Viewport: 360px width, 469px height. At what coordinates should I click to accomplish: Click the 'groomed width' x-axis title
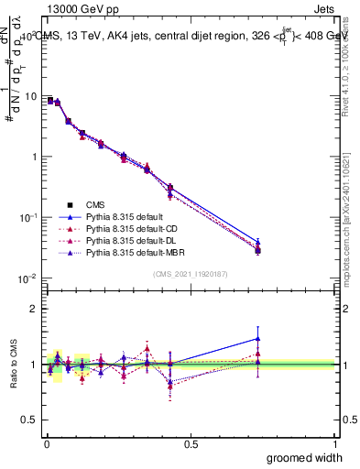(300, 457)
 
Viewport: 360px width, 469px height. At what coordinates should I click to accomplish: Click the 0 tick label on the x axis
(47, 443)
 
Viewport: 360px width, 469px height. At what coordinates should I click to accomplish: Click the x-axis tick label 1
(335, 443)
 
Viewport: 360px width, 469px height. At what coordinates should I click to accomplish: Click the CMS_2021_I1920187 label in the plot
(191, 274)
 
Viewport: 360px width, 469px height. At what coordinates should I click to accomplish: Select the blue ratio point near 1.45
(258, 339)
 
